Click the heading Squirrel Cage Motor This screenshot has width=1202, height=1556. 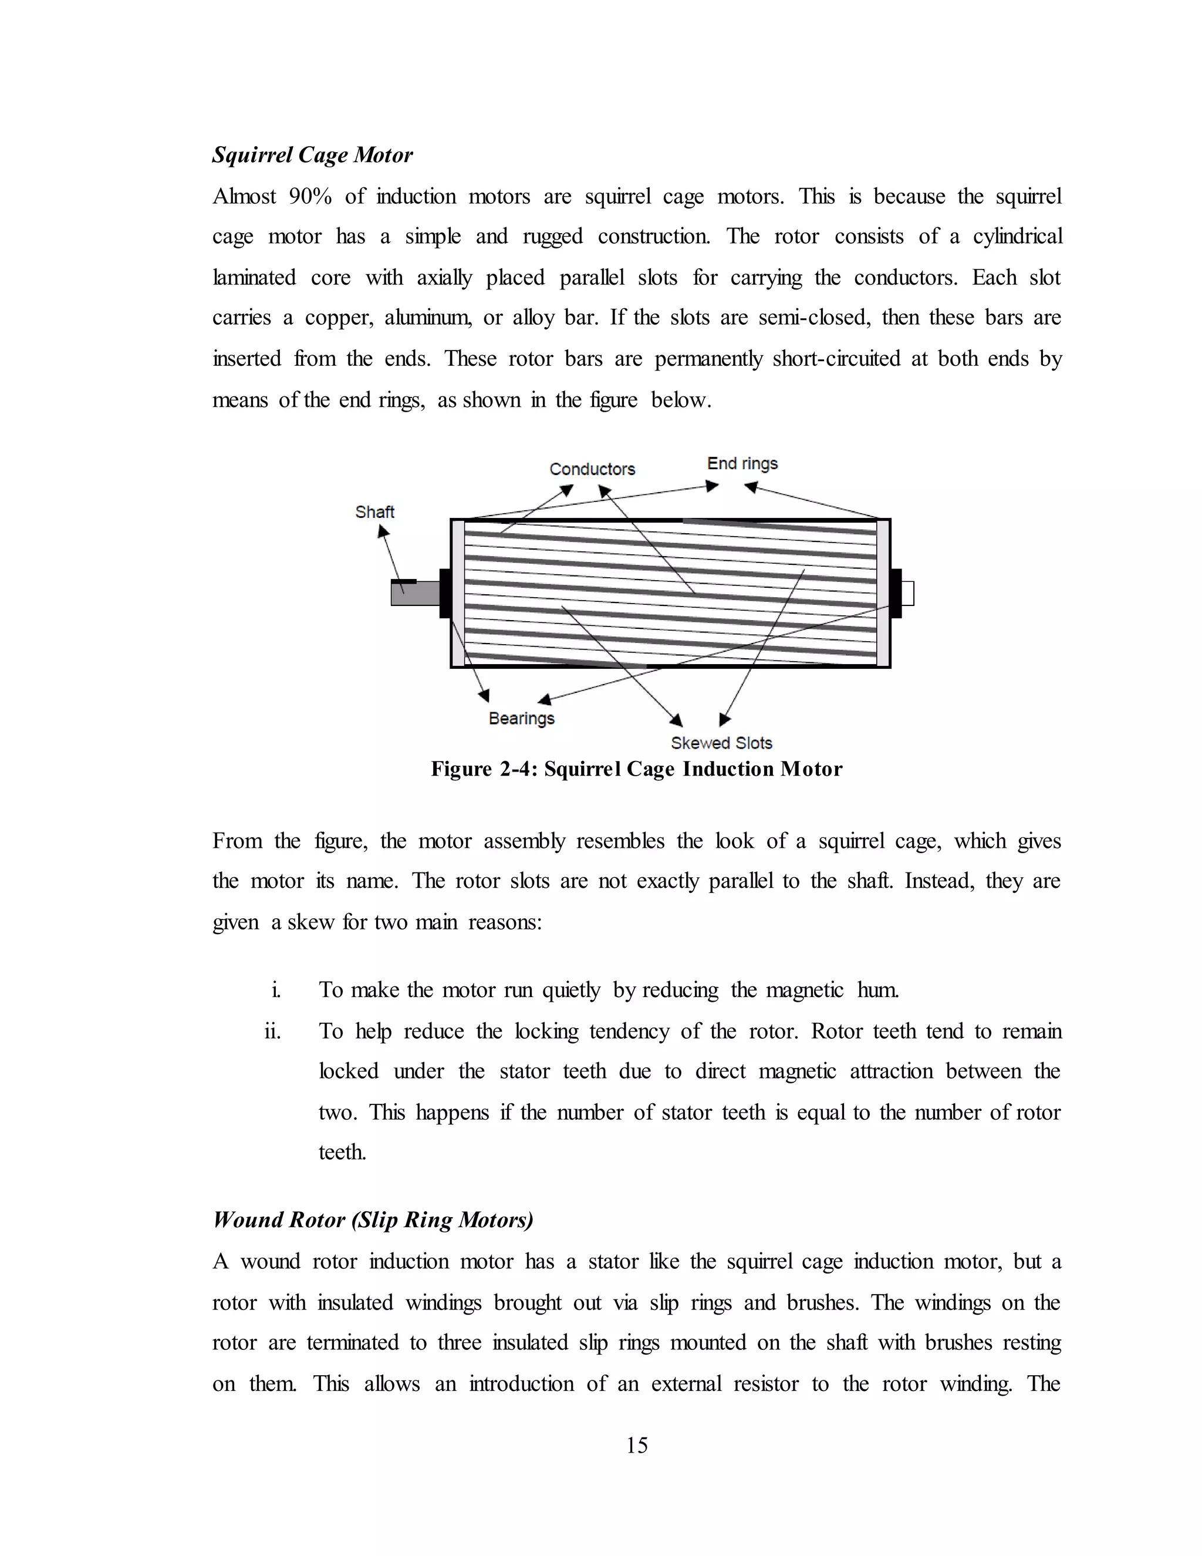pyautogui.click(x=312, y=156)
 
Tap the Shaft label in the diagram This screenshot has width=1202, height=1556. pyautogui.click(x=374, y=511)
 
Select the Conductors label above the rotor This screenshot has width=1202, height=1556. pyautogui.click(x=592, y=469)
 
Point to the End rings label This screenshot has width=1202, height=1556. pyautogui.click(x=742, y=463)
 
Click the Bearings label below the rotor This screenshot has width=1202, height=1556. pyautogui.click(x=521, y=718)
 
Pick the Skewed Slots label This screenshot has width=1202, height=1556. pyautogui.click(x=721, y=743)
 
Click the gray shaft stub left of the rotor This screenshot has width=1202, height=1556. pyautogui.click(x=414, y=594)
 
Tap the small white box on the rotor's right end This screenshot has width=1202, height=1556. pyautogui.click(x=907, y=594)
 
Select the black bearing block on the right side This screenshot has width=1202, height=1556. pyautogui.click(x=896, y=593)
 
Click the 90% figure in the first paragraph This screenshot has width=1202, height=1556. pyautogui.click(x=310, y=197)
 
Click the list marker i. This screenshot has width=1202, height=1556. pyautogui.click(x=276, y=991)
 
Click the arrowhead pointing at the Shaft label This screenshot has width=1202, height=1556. pyautogui.click(x=383, y=531)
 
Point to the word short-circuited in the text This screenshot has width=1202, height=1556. pyautogui.click(x=836, y=358)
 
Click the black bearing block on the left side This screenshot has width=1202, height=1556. pyautogui.click(x=445, y=593)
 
